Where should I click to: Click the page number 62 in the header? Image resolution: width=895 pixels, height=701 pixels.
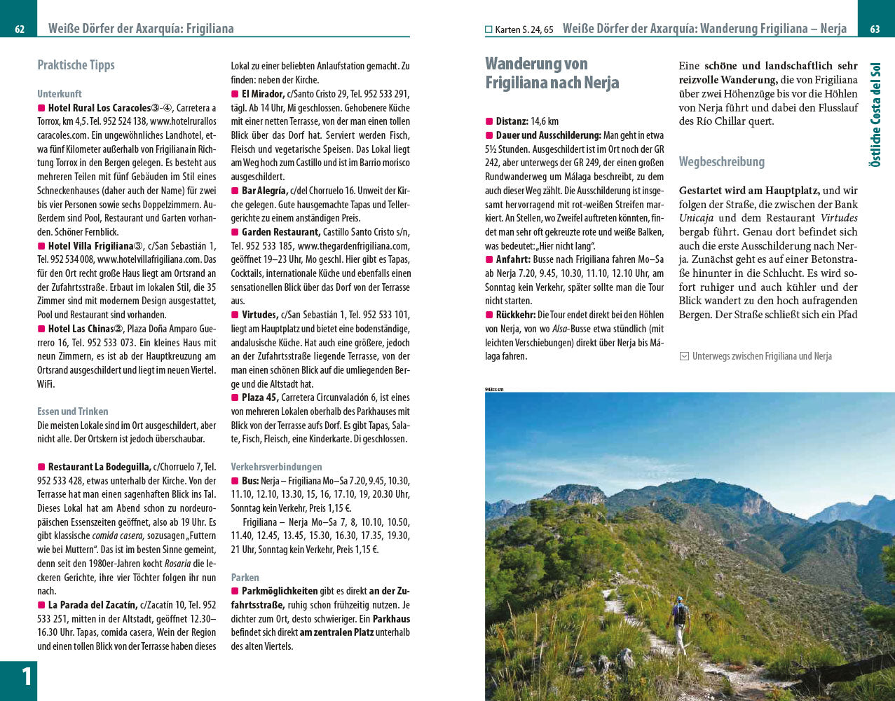[x=20, y=29]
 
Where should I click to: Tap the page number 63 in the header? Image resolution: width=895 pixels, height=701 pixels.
[x=875, y=29]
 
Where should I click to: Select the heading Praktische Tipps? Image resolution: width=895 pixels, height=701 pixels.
[x=76, y=65]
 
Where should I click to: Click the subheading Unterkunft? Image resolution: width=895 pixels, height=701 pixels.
[x=60, y=93]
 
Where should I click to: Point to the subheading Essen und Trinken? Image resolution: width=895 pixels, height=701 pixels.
[x=73, y=411]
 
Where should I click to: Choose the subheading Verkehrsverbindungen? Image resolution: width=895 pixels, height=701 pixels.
[x=276, y=467]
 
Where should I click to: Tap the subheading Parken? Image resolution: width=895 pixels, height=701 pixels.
[x=245, y=578]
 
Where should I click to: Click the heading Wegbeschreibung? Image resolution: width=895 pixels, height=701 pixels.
[x=721, y=162]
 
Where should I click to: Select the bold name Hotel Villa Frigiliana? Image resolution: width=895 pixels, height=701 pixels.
[x=90, y=246]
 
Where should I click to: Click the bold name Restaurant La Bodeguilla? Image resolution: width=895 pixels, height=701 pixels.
[x=99, y=467]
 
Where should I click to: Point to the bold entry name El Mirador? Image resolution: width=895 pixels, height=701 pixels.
[x=263, y=94]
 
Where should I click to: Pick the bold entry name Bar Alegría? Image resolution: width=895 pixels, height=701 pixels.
[x=264, y=191]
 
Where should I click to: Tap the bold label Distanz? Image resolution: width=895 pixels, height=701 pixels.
[x=512, y=121]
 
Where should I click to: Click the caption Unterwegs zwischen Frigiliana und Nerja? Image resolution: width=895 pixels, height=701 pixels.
[x=761, y=356]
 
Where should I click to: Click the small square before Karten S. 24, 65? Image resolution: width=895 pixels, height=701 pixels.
[x=489, y=29]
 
